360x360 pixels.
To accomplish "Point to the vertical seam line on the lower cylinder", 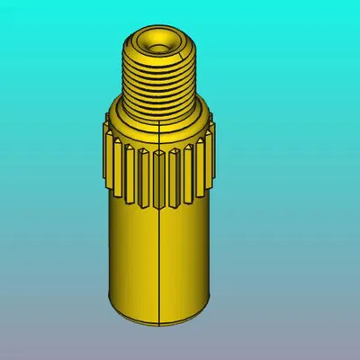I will [159, 261].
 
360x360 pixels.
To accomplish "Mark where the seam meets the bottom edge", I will [159, 321].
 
